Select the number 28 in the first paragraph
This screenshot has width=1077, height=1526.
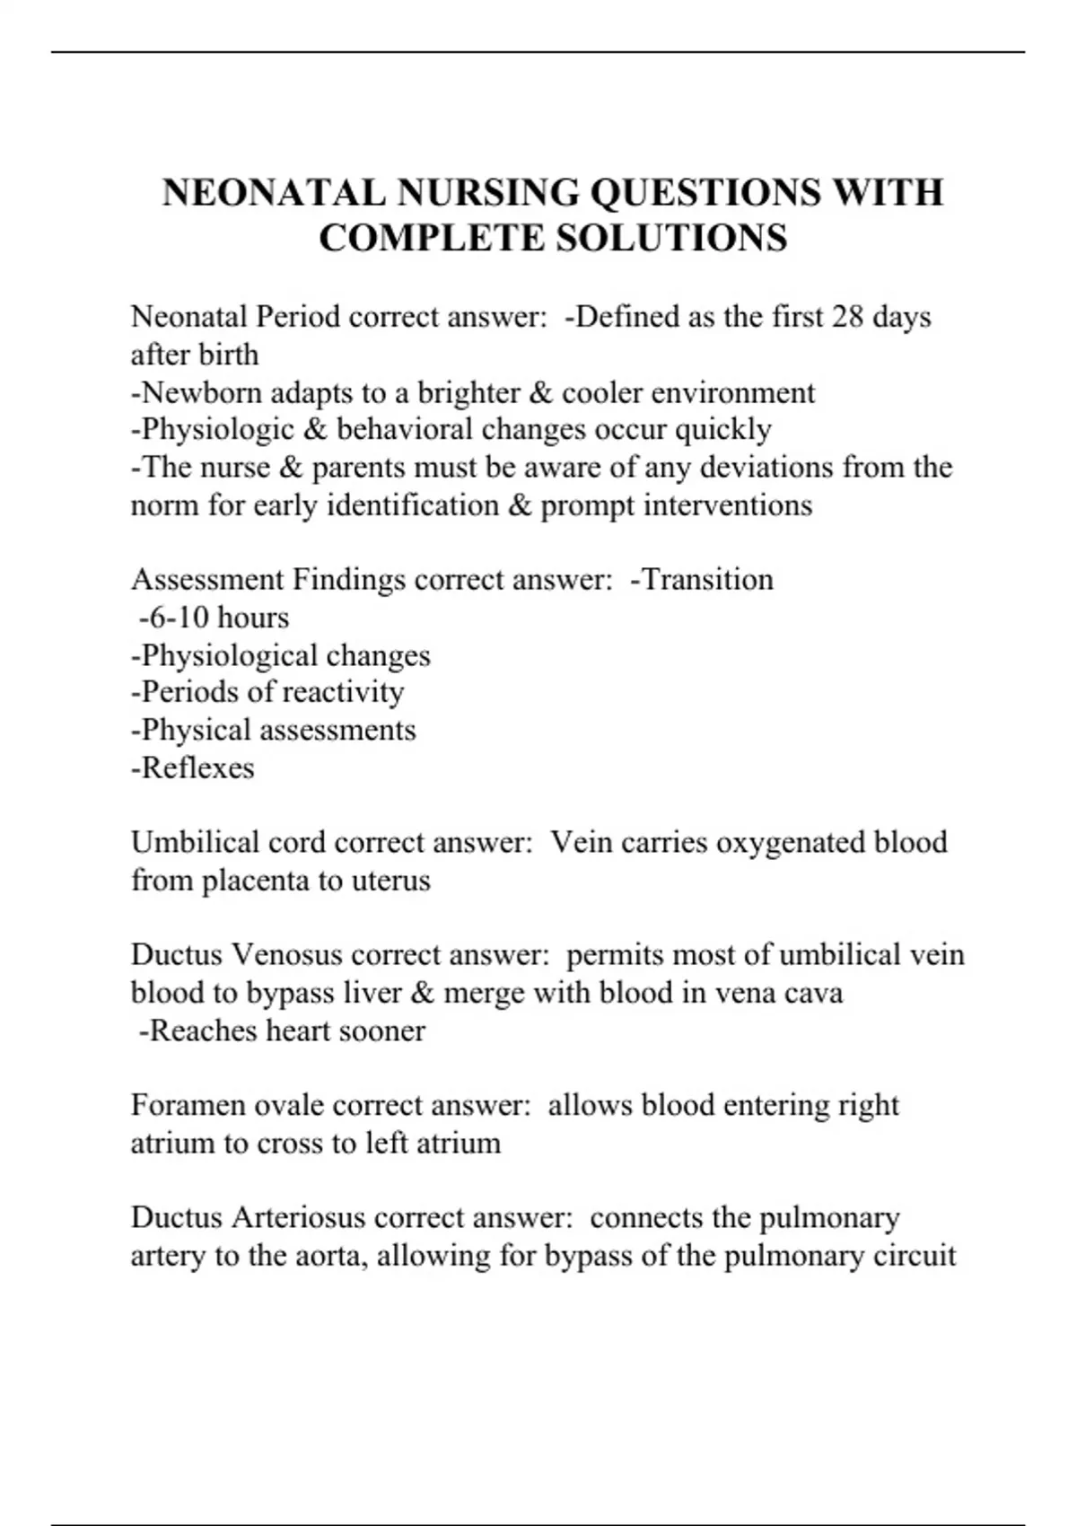(x=847, y=317)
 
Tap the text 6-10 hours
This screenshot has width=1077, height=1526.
(x=215, y=618)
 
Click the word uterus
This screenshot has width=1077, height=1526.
(x=390, y=881)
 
